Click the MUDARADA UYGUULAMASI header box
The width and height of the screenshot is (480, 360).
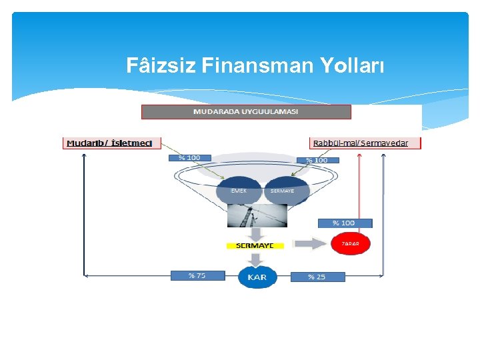[246, 111]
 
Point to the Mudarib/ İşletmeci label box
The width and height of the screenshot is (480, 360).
[109, 143]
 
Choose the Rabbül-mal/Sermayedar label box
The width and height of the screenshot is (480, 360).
[366, 143]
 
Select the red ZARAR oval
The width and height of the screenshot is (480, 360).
[350, 244]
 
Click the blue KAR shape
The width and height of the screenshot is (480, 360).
[257, 277]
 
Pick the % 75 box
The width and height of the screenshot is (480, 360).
[197, 275]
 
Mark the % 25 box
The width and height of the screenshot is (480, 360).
[317, 277]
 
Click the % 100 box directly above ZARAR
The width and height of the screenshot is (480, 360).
[345, 223]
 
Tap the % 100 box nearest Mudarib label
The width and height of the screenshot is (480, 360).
[189, 158]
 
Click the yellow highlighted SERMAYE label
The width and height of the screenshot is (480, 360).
[255, 245]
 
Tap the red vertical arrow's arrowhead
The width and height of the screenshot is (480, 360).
[359, 155]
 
